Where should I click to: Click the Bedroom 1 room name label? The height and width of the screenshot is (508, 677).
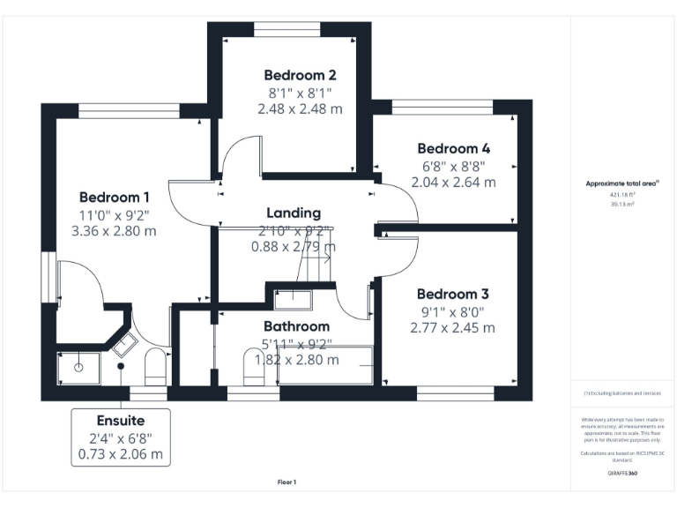[115, 197]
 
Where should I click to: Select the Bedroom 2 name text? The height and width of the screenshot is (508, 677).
[300, 75]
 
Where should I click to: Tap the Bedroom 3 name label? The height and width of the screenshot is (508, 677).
[453, 293]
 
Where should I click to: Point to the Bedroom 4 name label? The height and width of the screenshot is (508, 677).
[453, 148]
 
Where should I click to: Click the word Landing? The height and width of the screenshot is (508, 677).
[294, 213]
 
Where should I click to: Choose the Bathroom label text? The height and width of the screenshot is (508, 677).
[296, 325]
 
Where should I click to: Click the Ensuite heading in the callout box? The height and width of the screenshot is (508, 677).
[121, 420]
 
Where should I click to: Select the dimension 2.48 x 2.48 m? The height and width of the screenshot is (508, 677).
[300, 108]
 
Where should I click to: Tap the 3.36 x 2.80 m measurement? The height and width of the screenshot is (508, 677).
[115, 231]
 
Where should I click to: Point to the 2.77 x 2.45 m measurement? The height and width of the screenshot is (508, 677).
[453, 327]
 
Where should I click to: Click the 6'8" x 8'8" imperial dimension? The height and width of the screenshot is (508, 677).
[453, 166]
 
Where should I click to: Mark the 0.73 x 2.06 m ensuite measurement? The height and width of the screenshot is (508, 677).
[121, 454]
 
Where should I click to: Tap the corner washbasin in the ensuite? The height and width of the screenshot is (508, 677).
[122, 342]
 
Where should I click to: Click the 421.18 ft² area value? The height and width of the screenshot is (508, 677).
[622, 194]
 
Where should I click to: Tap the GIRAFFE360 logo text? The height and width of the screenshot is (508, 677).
[622, 474]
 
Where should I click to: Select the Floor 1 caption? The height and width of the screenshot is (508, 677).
[286, 482]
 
